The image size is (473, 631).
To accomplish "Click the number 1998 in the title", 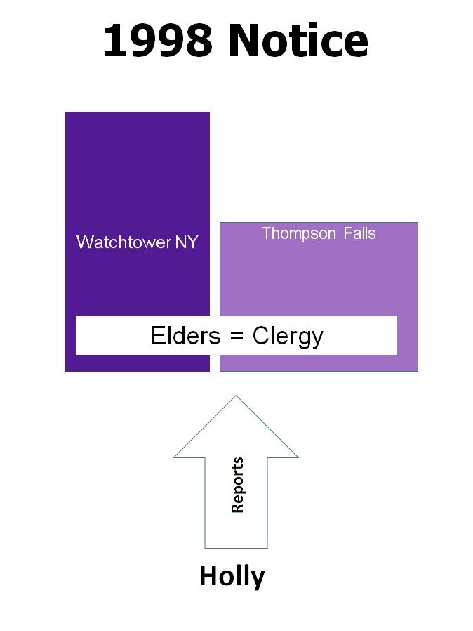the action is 158,41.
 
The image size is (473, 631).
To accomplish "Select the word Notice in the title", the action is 298,41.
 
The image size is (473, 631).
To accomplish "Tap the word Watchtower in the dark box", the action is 124,242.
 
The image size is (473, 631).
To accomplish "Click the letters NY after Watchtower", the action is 187,242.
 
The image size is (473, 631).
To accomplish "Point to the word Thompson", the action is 299,234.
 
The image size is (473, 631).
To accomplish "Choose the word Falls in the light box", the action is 360,233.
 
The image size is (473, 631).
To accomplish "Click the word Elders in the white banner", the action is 186,336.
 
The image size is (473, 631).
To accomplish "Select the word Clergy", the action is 288,337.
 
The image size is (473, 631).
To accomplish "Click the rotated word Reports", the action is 237,485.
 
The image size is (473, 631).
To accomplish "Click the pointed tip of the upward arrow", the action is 236,396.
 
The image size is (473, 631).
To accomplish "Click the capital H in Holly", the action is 209,576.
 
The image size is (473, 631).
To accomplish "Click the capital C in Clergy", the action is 261,336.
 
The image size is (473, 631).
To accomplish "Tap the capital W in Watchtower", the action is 86,242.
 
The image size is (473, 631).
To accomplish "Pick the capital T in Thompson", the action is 267,233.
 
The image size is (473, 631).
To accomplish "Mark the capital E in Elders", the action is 157,336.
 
